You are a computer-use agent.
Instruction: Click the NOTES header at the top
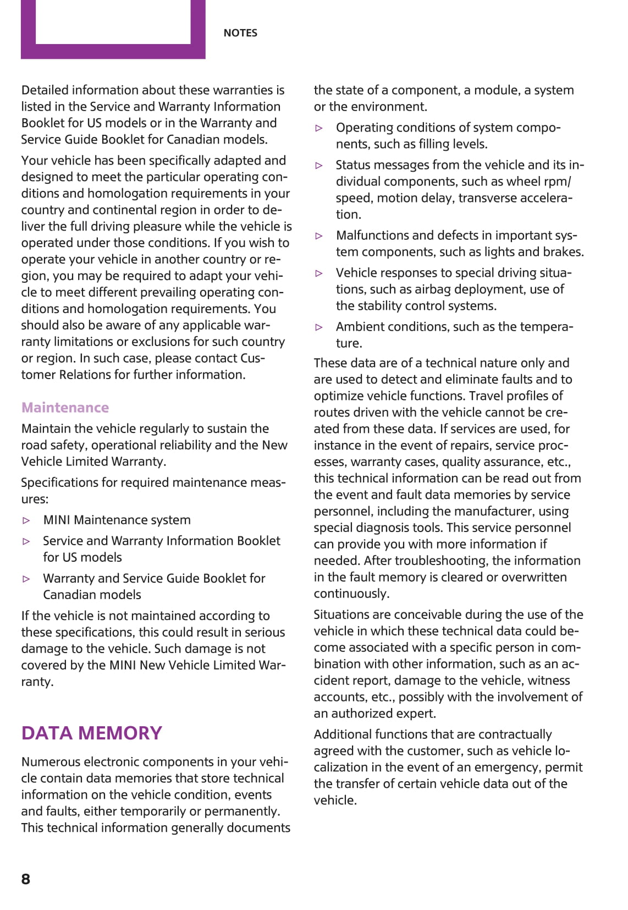(x=240, y=33)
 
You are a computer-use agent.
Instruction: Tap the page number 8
(x=26, y=879)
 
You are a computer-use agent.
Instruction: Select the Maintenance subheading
(x=65, y=408)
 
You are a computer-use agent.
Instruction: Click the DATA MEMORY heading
(x=91, y=733)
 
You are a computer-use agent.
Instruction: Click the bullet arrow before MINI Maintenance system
(x=26, y=520)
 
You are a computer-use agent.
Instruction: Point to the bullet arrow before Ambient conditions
(x=319, y=327)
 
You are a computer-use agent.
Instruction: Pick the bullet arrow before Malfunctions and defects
(x=319, y=236)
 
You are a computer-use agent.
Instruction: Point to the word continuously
(x=351, y=594)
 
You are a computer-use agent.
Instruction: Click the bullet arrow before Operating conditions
(x=319, y=128)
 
